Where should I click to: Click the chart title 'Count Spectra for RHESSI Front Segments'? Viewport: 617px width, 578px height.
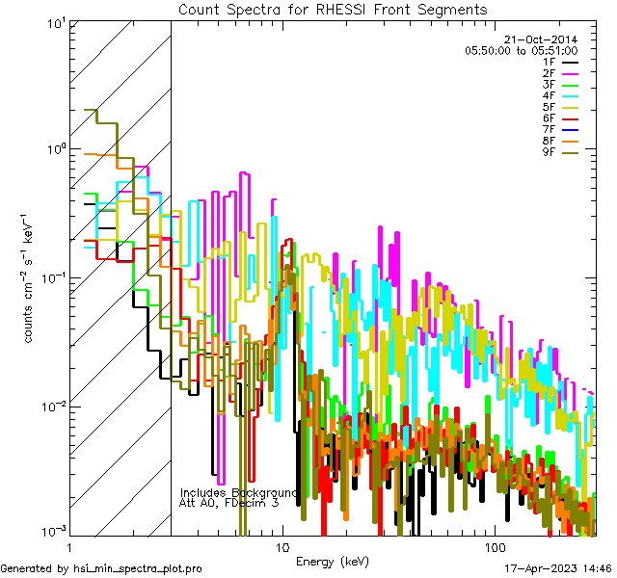click(333, 9)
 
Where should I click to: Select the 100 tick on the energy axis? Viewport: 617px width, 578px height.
click(494, 546)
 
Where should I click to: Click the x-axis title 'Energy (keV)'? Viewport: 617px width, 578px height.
click(332, 561)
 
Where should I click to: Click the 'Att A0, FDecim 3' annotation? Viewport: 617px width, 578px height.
click(228, 503)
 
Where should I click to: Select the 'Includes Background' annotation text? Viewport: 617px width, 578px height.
click(237, 492)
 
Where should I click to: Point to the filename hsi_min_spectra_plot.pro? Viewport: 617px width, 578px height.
click(138, 569)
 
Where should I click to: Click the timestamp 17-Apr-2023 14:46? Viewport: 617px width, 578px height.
click(555, 569)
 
